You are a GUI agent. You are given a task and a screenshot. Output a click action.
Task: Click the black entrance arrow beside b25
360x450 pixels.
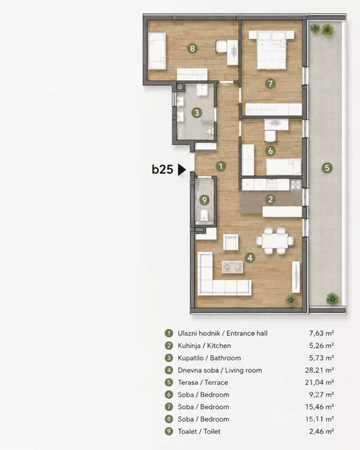(181, 170)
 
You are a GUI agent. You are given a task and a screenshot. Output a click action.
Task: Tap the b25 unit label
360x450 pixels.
(162, 169)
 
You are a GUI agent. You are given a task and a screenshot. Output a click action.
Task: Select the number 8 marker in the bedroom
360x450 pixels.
(192, 48)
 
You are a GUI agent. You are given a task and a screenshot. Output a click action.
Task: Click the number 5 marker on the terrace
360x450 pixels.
(327, 168)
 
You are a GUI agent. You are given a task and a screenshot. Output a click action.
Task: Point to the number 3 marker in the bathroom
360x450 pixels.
(197, 112)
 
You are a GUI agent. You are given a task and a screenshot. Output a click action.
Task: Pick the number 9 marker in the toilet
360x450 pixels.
(204, 200)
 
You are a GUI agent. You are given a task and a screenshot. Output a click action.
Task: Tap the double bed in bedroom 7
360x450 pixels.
(271, 50)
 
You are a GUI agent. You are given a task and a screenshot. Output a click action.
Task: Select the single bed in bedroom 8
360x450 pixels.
(157, 51)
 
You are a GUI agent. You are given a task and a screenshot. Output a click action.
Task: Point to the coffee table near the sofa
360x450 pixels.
(232, 267)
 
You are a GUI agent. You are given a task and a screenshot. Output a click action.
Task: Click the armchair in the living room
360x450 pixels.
(231, 242)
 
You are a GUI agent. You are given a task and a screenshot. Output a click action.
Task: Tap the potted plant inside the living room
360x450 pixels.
(291, 300)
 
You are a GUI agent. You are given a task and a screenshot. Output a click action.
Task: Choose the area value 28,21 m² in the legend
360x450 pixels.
(319, 370)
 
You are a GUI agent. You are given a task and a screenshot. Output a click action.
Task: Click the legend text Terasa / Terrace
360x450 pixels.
(203, 382)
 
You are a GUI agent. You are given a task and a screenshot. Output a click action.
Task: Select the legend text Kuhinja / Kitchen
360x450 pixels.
(205, 345)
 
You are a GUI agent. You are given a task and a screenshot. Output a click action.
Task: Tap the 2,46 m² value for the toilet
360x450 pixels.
(321, 431)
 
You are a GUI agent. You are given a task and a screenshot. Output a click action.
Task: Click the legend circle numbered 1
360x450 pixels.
(169, 333)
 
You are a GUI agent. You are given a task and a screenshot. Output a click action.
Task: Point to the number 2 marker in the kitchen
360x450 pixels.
(270, 199)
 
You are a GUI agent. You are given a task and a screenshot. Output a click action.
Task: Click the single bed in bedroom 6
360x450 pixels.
(284, 166)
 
